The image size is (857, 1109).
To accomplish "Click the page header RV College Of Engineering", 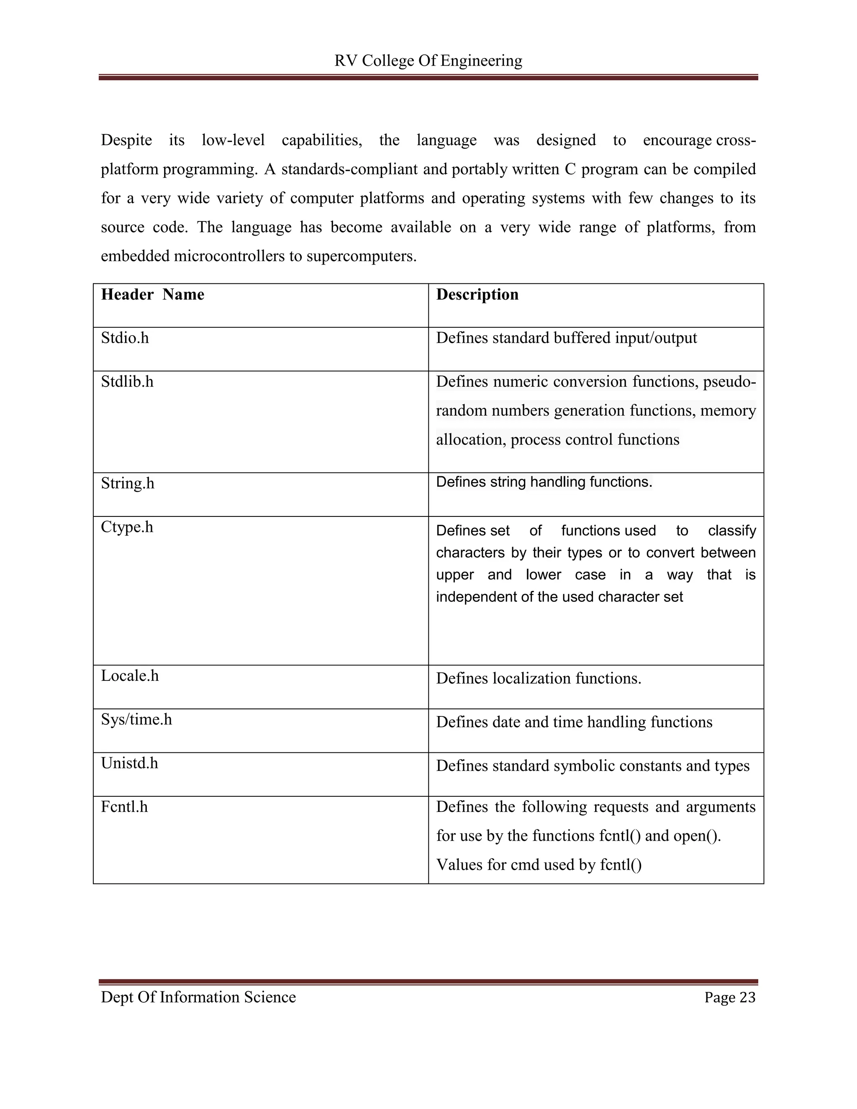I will tap(428, 61).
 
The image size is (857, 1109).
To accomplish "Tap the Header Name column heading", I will tap(152, 295).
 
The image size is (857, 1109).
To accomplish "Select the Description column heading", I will tap(477, 295).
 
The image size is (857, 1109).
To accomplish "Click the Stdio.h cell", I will tap(125, 338).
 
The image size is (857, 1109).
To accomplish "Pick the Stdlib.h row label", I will tap(127, 382).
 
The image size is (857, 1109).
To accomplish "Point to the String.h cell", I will tap(128, 483).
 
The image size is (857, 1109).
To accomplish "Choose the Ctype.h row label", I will tap(127, 527).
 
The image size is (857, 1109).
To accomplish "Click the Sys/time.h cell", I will tap(136, 719).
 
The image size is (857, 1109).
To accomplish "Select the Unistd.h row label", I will tap(129, 763).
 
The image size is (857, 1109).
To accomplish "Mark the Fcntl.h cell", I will tap(124, 807).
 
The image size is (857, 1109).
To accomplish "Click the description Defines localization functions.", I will tap(538, 678).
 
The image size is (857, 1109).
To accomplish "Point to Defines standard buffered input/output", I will tap(566, 338).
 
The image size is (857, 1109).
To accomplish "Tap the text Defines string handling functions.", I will tap(544, 482).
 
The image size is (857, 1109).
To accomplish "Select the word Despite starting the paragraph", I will tap(126, 140).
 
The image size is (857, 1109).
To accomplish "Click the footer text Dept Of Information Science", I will tap(198, 997).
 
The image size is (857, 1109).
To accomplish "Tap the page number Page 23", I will tap(729, 998).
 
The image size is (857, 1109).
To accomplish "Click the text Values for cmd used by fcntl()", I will tap(539, 865).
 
